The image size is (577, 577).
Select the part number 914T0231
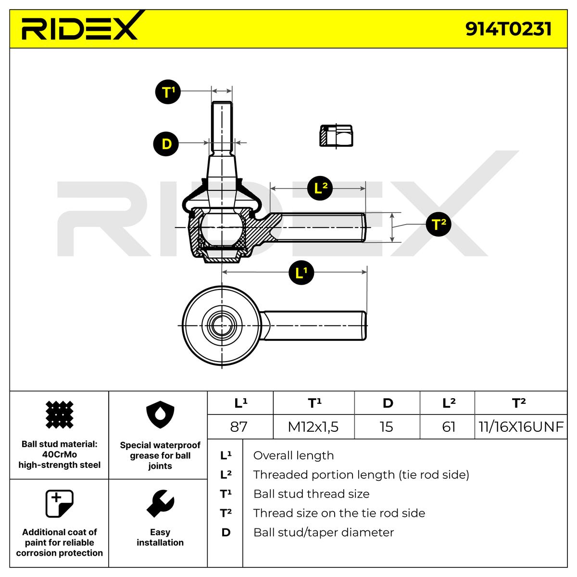[x=508, y=29]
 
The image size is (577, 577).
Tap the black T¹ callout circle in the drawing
[x=167, y=91]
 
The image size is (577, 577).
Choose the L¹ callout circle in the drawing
[x=301, y=273]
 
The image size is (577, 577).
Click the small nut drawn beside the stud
[x=336, y=136]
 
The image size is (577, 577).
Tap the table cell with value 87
[x=239, y=426]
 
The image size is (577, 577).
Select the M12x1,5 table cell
[x=313, y=426]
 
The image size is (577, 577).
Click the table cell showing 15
[x=386, y=426]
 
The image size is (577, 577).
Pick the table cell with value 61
[x=448, y=426]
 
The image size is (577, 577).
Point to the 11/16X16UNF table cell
[x=521, y=426]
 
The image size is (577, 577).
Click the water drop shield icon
[x=160, y=416]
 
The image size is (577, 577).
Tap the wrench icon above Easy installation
[x=160, y=503]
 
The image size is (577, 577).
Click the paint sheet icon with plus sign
[x=59, y=503]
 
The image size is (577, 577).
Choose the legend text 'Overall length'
[x=293, y=455]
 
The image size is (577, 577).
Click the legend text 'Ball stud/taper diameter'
[x=323, y=532]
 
